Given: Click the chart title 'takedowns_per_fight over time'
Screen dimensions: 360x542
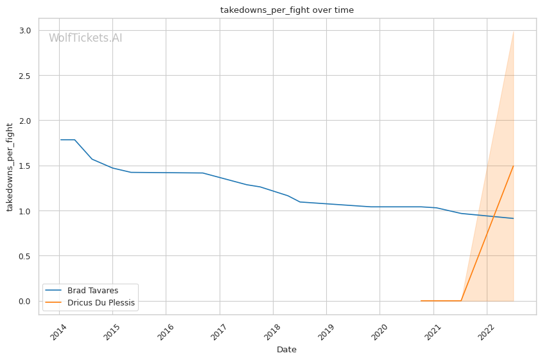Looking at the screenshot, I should point(286,10).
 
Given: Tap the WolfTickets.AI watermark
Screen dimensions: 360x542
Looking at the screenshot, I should point(85,39).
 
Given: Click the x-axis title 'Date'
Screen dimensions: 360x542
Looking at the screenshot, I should point(286,350).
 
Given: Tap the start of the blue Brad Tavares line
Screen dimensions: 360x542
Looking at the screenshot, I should point(61,140).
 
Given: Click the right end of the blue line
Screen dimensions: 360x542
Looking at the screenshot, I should point(513,218).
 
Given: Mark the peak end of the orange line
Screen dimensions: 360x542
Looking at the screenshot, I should point(513,166).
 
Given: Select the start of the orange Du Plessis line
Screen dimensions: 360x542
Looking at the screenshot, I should point(421,301).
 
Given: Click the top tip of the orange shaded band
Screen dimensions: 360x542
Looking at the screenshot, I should point(513,31).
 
